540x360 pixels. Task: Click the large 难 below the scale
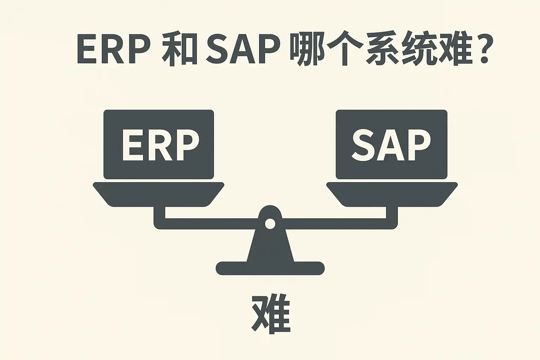[271, 314]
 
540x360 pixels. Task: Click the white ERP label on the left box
[160, 145]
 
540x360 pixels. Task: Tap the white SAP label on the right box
[391, 145]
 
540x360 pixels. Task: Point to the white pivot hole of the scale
[270, 224]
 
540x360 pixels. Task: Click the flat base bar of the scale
[270, 268]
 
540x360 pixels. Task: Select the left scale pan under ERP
[158, 194]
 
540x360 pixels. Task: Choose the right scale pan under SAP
[392, 194]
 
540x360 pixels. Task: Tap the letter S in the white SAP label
[364, 145]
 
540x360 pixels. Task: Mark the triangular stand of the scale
[270, 246]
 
